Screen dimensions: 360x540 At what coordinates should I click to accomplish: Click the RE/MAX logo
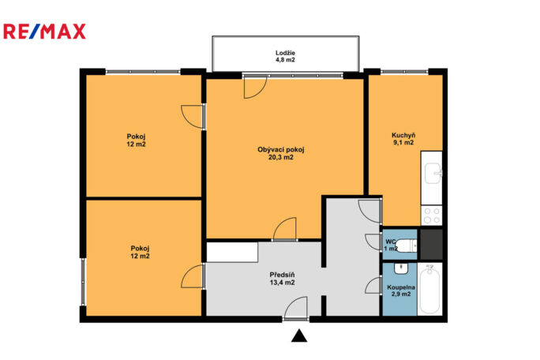[x=45, y=32]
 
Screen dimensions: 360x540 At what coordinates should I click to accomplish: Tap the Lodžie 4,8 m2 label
[x=284, y=55]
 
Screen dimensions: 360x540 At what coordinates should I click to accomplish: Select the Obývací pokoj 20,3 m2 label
[x=280, y=153]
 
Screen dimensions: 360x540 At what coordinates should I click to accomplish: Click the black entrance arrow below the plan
[x=298, y=336]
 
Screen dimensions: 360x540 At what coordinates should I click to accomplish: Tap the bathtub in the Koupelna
[x=431, y=289]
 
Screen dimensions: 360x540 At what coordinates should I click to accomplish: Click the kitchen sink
[x=432, y=172]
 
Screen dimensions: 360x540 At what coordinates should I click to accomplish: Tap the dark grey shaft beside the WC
[x=432, y=244]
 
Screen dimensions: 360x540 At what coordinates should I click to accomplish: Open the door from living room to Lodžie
[x=254, y=86]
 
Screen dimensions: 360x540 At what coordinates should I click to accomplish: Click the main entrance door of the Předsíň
[x=296, y=310]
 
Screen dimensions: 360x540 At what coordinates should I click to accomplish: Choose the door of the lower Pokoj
[x=193, y=276]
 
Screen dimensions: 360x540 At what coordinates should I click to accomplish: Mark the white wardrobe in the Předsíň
[x=233, y=252]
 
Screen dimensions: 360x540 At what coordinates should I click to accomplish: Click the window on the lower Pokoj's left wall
[x=82, y=279]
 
